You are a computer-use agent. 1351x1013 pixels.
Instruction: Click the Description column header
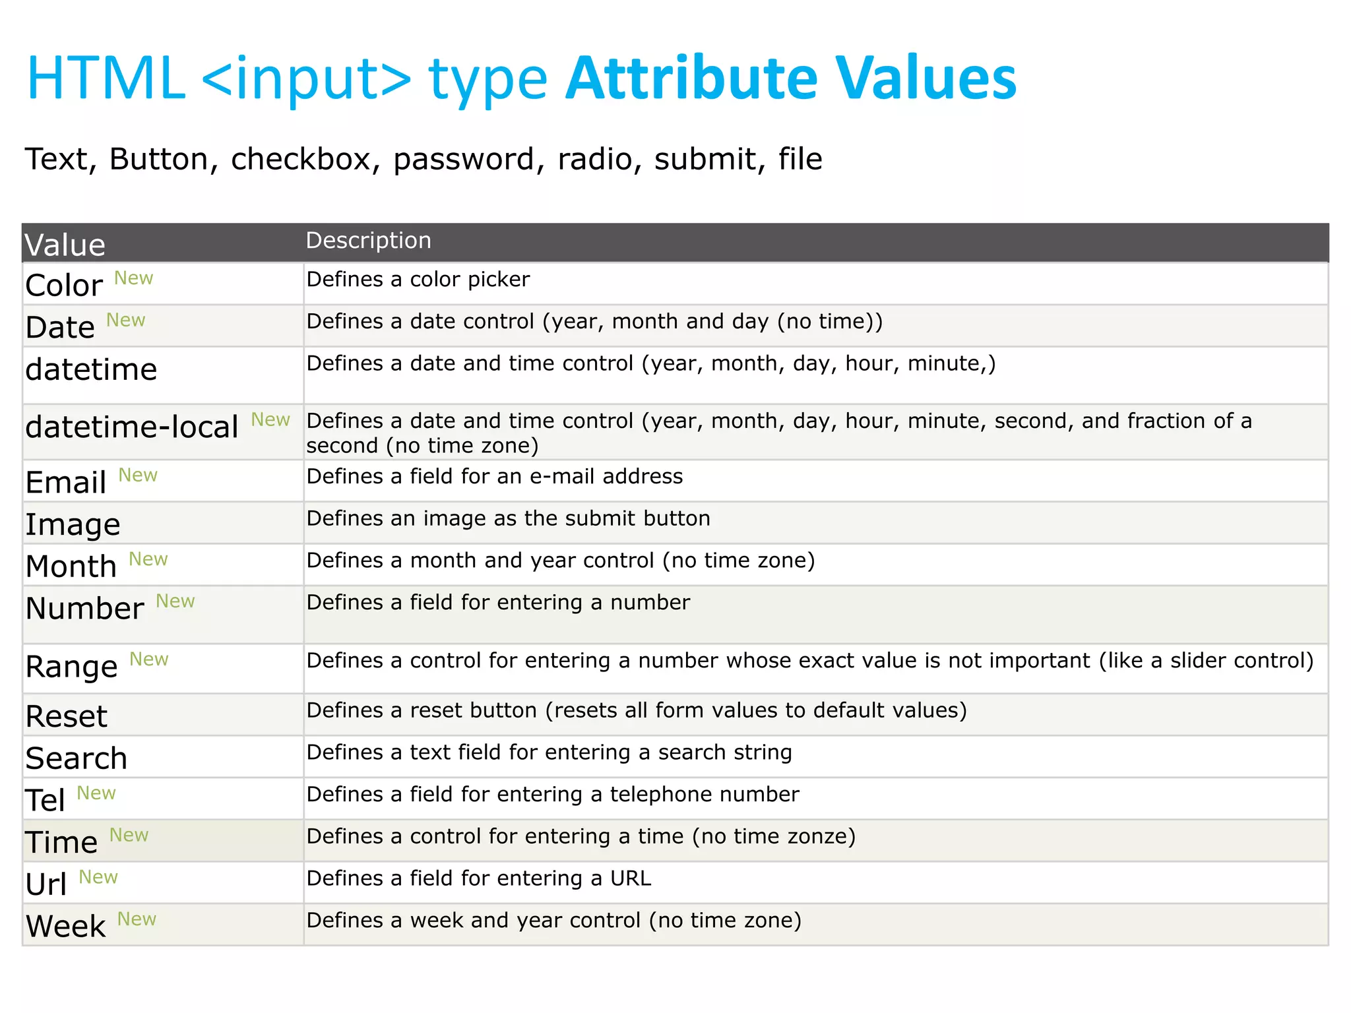pyautogui.click(x=368, y=241)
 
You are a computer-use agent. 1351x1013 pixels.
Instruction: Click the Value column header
pyautogui.click(x=65, y=245)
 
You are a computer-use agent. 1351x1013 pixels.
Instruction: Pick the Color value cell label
pyautogui.click(x=64, y=286)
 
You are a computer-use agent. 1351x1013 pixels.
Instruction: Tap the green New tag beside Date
pyautogui.click(x=125, y=320)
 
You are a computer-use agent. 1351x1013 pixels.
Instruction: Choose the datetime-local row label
pyautogui.click(x=132, y=427)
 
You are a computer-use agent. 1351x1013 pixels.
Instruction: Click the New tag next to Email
pyautogui.click(x=138, y=475)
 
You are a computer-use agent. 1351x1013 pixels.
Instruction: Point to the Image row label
pyautogui.click(x=73, y=525)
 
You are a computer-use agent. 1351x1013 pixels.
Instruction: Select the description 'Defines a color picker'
pyautogui.click(x=418, y=280)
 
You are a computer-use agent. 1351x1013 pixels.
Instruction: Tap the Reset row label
pyautogui.click(x=66, y=716)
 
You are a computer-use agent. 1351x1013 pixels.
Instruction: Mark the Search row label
pyautogui.click(x=76, y=758)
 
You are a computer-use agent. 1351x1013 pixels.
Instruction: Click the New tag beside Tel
pyautogui.click(x=96, y=793)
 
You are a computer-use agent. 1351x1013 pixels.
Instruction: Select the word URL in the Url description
pyautogui.click(x=631, y=878)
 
